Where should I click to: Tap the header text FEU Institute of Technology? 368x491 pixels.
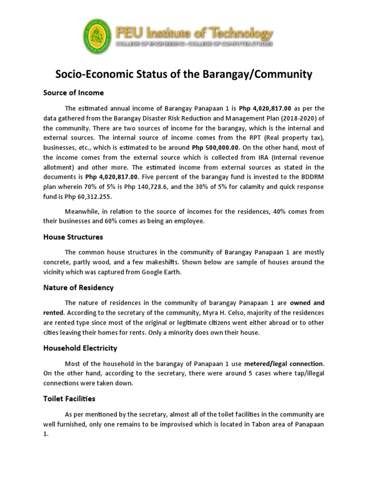tap(194, 33)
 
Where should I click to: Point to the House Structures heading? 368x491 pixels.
tap(73, 237)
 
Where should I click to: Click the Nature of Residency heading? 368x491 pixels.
tap(78, 288)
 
